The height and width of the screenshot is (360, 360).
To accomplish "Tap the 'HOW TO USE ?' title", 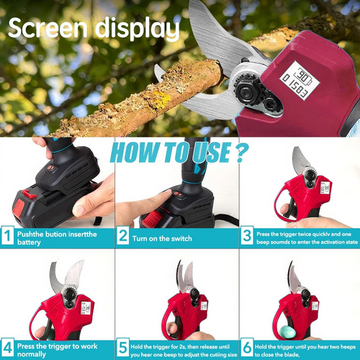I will (178, 153).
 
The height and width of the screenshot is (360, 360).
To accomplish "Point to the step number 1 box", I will (7, 235).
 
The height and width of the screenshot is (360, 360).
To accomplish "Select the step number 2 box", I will (124, 235).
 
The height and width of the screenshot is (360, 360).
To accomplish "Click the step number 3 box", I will (247, 235).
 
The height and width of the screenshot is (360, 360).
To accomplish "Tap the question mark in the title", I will (240, 153).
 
